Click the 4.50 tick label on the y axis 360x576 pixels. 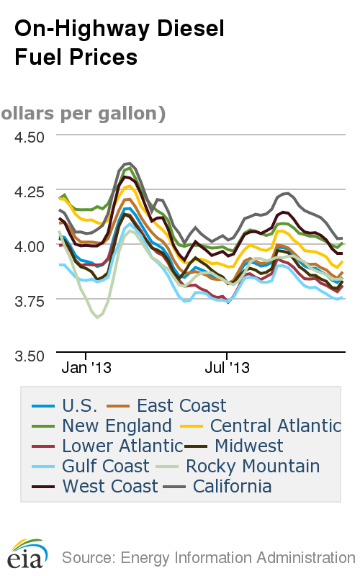(30, 136)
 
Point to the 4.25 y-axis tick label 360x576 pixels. (30, 191)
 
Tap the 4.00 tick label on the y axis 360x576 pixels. (30, 246)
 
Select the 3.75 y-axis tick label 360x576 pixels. (30, 300)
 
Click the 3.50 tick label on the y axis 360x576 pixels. (30, 355)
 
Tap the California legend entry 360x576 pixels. (226, 486)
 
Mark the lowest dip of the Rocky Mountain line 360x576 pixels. (97, 317)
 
